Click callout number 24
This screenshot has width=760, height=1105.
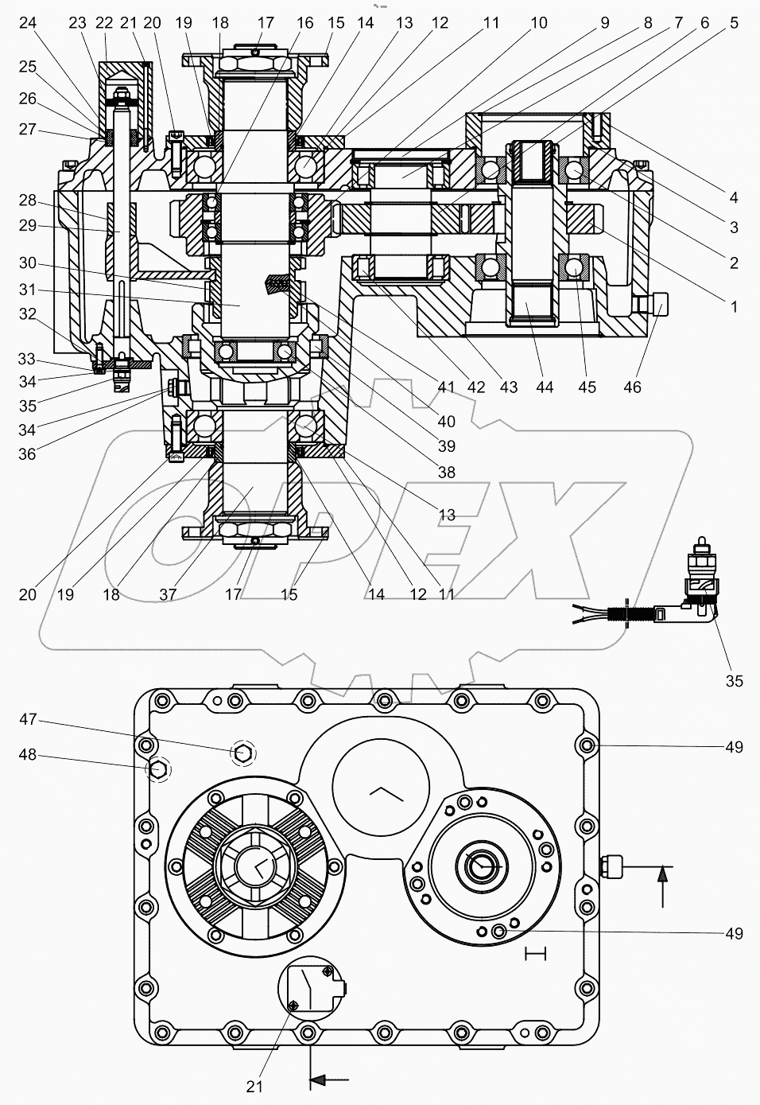28,23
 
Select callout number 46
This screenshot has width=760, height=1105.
632,387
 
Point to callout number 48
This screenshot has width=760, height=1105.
29,754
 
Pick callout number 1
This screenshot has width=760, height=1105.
734,305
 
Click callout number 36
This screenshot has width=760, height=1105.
29,454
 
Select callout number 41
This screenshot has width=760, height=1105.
446,387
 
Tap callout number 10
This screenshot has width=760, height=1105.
538,23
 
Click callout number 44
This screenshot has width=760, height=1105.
545,387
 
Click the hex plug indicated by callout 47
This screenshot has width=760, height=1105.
243,751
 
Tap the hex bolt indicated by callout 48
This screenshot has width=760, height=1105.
157,769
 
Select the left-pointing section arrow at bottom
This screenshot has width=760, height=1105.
328,1080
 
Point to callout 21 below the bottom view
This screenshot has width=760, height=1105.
254,1085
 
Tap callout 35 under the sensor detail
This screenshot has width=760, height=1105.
734,680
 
